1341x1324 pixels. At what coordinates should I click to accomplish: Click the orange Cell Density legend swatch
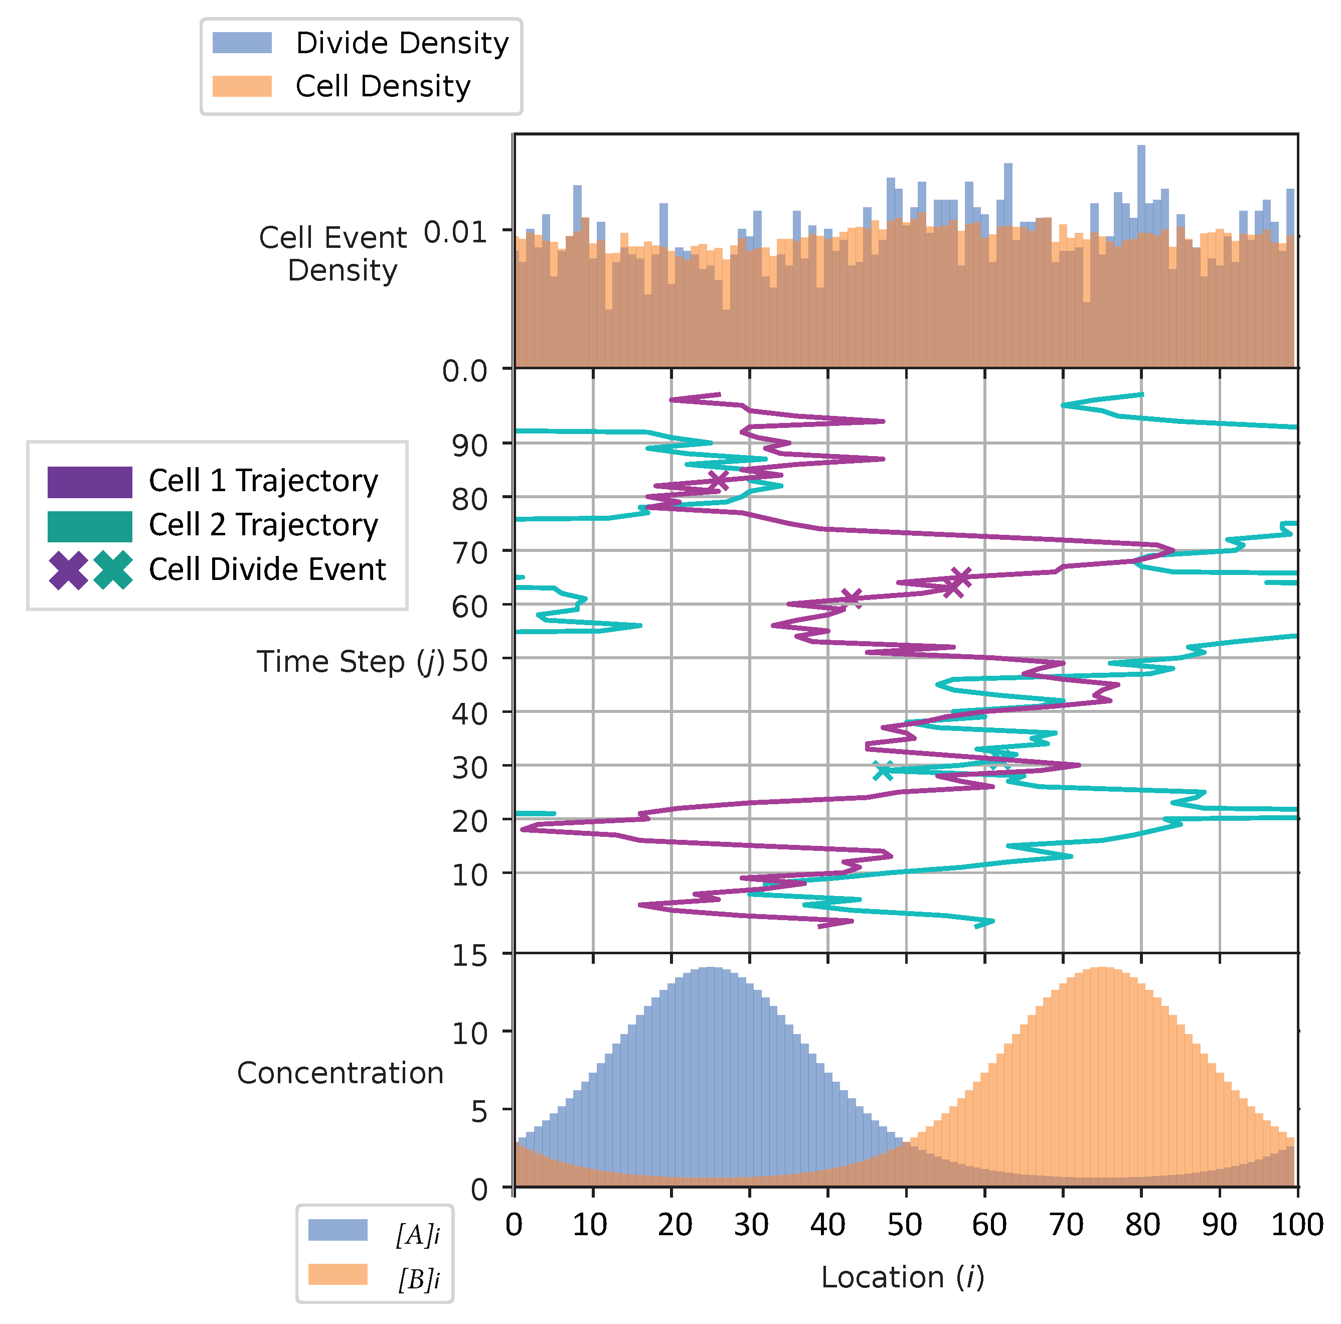tap(242, 86)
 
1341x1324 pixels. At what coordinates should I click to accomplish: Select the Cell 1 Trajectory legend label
tap(263, 481)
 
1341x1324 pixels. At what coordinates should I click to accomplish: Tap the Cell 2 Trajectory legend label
tap(263, 525)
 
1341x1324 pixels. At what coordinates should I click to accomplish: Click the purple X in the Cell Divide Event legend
tap(68, 570)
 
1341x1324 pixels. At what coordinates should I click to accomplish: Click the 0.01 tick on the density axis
tap(455, 232)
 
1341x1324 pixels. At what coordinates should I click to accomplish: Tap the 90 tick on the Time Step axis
tap(469, 445)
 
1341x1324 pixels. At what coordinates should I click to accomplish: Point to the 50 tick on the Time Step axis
tap(469, 660)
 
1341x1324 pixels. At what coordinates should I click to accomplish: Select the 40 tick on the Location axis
tap(827, 1225)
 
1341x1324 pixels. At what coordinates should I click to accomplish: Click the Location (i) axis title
tap(902, 1277)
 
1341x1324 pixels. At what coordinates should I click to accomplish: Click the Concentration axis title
tap(340, 1073)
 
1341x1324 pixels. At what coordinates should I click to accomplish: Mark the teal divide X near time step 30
tap(883, 770)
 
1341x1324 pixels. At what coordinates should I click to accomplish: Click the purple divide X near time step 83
tap(718, 480)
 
